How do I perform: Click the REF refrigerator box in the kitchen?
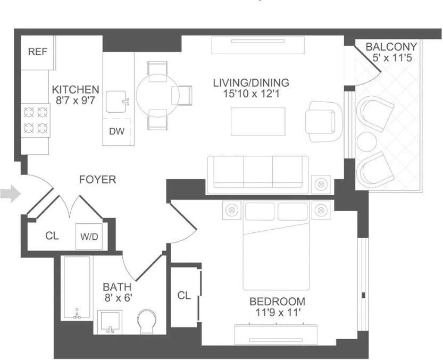click(38, 52)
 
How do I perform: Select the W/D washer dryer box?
click(89, 236)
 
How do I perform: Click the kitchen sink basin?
click(117, 101)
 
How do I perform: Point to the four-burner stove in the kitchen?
click(35, 121)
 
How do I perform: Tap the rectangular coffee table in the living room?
click(258, 121)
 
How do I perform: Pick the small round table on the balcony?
click(366, 142)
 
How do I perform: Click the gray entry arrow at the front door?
click(10, 193)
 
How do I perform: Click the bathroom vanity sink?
click(111, 321)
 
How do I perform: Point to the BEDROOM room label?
click(277, 302)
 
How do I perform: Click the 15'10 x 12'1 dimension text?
click(251, 94)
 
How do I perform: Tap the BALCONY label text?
click(391, 47)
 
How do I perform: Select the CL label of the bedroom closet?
click(184, 296)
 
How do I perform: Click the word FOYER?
click(97, 180)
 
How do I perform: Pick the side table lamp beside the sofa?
click(321, 185)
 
